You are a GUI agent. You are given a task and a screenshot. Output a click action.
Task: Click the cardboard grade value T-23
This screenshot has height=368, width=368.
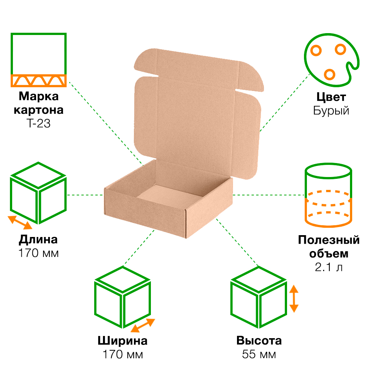point(39,123)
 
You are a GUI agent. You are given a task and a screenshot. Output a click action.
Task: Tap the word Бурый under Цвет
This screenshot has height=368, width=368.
point(331,111)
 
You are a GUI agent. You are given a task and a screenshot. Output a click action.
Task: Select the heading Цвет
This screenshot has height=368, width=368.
point(331,97)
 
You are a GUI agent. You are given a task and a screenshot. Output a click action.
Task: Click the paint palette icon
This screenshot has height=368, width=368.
point(332,60)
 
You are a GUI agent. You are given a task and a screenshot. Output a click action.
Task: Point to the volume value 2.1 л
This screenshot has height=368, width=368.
point(329,267)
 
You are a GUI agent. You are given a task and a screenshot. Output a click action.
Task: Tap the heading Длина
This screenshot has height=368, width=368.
point(38,240)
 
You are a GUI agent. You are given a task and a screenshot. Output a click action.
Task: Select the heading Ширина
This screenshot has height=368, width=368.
point(123,341)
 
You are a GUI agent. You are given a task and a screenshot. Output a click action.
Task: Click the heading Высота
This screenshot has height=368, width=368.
point(259,341)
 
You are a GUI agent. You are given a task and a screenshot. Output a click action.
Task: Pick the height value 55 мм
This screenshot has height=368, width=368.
point(259,354)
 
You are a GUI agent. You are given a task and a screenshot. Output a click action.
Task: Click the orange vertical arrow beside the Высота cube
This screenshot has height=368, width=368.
point(294,299)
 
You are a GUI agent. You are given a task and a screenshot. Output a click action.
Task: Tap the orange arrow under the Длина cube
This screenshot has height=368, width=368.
point(20,223)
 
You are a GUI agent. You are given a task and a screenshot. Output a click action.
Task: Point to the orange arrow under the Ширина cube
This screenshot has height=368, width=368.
point(143,325)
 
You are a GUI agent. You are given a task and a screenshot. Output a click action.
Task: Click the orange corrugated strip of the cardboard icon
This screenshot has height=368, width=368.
point(39,81)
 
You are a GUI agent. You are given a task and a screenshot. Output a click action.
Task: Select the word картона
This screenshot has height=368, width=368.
point(39,110)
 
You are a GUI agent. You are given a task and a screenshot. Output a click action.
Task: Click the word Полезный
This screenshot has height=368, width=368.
point(329,240)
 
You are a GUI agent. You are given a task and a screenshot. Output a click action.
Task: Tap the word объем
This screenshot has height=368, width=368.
point(329,254)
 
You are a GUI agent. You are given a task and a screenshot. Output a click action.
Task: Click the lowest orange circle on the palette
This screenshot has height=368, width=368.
point(329,74)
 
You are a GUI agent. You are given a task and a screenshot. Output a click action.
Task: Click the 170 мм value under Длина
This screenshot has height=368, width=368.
point(39,253)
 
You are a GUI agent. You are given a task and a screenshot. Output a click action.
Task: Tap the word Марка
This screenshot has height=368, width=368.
point(39,96)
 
